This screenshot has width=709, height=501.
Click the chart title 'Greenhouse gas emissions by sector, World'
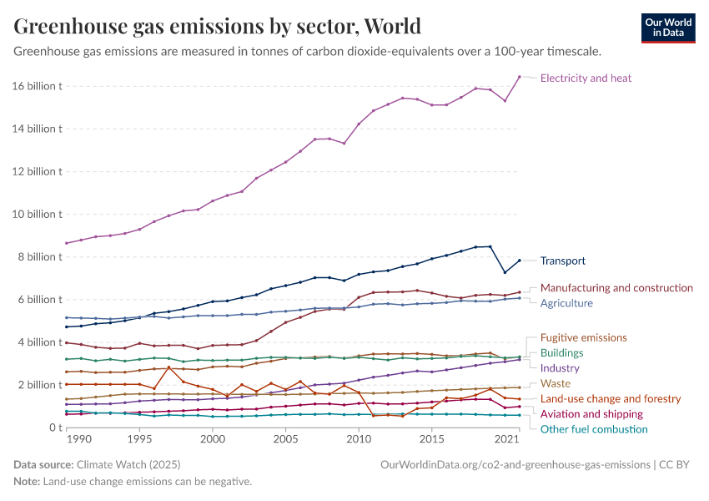217,27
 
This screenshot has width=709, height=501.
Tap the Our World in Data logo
667,28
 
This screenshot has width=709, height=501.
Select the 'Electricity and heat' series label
586,78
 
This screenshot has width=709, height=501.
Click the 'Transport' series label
562,261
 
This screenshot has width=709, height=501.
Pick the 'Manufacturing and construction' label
616,288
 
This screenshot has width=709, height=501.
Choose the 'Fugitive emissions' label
583,337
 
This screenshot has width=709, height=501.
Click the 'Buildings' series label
561,353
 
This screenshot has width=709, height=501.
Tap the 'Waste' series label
556,383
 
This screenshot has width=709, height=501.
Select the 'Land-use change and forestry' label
611,399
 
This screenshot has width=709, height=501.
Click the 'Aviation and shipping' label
591,414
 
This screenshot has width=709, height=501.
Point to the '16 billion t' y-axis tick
38,86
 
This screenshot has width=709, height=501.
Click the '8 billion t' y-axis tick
40,257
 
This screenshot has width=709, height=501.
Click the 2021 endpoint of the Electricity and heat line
520,77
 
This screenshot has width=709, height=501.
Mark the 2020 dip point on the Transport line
505,272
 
